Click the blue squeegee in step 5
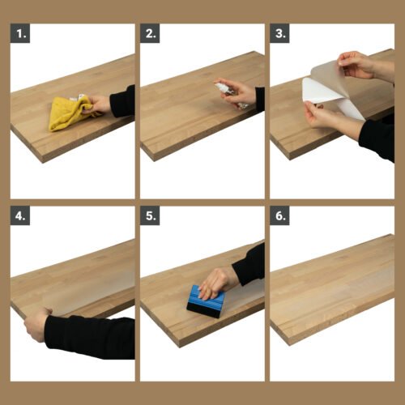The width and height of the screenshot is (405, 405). click(206, 302)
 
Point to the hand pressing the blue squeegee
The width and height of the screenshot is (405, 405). click(217, 281)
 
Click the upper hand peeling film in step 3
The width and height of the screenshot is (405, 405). click(356, 64)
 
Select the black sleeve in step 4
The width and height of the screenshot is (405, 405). click(89, 336)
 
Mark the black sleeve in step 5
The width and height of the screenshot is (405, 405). click(249, 266)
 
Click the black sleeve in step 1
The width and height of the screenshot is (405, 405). click(122, 102)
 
